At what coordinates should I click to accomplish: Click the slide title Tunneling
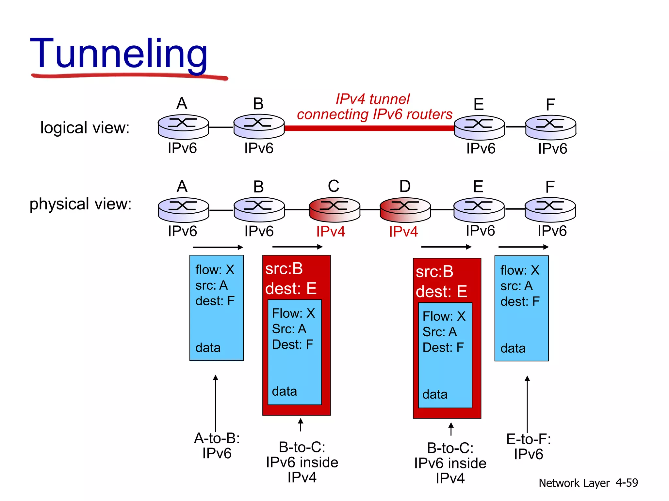click(119, 54)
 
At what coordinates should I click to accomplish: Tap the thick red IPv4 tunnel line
click(369, 128)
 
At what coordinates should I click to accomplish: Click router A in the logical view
click(183, 127)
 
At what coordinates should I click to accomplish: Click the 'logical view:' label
click(85, 128)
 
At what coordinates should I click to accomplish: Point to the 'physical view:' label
click(80, 204)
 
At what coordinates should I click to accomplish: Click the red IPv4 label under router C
click(331, 232)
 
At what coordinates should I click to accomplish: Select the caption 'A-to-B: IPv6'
click(217, 446)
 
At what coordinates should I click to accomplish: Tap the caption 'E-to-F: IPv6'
click(529, 447)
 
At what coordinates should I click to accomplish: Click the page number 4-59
click(627, 483)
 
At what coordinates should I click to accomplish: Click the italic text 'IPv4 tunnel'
click(372, 99)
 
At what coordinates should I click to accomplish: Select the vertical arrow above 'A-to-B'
click(216, 403)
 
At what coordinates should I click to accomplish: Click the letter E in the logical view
click(479, 104)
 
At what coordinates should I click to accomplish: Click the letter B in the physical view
click(258, 187)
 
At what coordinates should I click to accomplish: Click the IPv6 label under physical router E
click(480, 231)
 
